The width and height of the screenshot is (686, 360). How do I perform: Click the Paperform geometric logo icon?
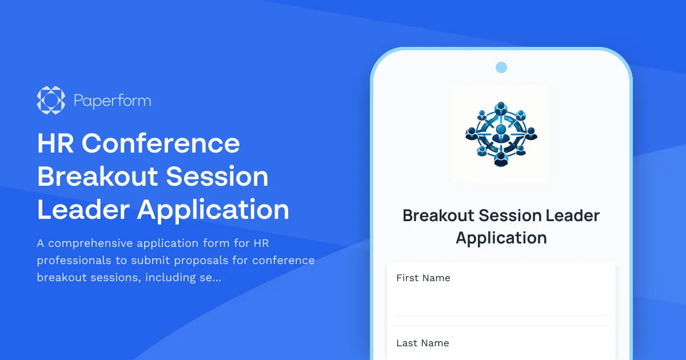point(51,101)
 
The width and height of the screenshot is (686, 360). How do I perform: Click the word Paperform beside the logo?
point(113,101)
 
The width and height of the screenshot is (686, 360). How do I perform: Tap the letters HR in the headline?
point(55,143)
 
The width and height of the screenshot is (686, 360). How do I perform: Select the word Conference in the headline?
point(161,143)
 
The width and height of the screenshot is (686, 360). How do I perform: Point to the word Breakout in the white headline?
point(96,177)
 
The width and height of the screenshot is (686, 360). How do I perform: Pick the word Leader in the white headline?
point(82,210)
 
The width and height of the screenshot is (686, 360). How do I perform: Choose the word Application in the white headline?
point(213,210)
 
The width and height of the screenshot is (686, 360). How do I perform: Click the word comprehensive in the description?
point(91,243)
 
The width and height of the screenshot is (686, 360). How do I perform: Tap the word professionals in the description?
point(72,261)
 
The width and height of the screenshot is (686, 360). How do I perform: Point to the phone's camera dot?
point(501,67)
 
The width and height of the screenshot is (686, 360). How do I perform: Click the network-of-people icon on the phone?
point(501,134)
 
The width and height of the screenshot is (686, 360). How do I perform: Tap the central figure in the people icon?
point(501,134)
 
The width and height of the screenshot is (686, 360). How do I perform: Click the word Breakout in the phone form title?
point(438,215)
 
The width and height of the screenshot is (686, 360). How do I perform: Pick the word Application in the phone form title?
point(501,237)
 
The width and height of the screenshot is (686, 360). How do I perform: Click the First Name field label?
point(423,278)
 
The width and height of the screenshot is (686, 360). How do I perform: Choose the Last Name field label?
point(422,343)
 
